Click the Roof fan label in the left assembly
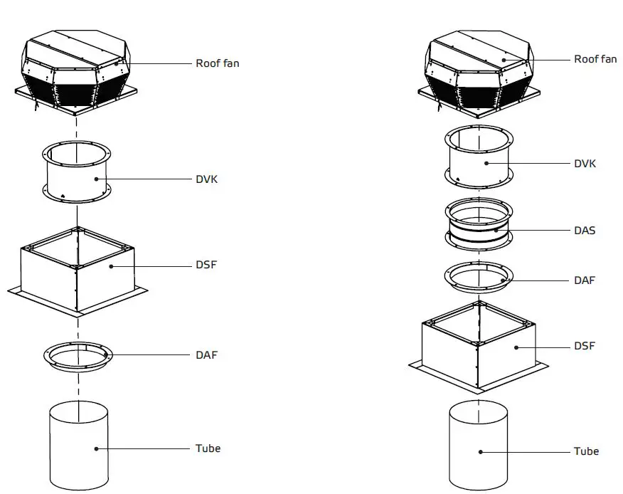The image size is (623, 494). point(217,63)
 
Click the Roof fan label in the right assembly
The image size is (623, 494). point(595,59)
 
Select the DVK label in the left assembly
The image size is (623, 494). point(206,179)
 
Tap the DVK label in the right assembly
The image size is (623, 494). point(585,164)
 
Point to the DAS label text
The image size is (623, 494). point(585,231)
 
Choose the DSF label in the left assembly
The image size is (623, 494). point(206,266)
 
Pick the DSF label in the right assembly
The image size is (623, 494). point(585,347)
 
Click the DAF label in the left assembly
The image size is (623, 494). point(206,354)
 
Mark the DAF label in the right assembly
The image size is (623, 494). point(585,280)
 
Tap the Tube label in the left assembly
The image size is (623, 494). point(208,448)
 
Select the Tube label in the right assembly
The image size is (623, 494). point(586,451)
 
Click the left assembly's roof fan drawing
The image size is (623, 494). point(78,71)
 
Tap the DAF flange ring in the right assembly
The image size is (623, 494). point(479,279)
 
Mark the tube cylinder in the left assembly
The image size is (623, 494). point(78,445)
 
